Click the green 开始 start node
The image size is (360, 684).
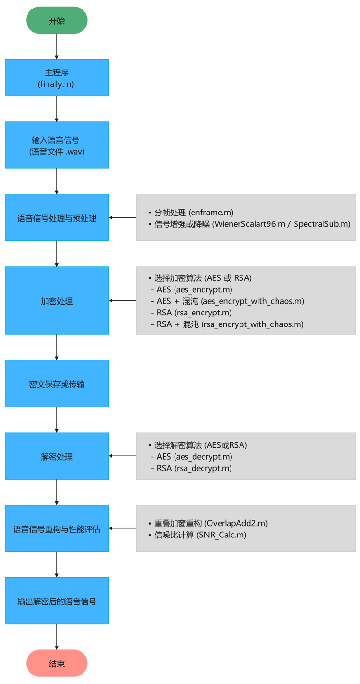click(57, 20)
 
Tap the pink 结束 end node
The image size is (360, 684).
click(57, 663)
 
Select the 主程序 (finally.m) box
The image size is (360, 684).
click(57, 78)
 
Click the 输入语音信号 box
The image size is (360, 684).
click(57, 145)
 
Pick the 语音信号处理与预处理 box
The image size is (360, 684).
click(57, 218)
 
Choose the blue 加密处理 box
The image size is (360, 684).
click(57, 301)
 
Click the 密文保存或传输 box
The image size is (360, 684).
click(57, 384)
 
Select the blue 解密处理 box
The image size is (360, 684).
click(57, 456)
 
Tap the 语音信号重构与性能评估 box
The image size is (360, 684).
click(57, 528)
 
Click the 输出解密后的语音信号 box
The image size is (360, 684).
click(57, 601)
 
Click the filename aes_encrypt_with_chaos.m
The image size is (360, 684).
click(253, 301)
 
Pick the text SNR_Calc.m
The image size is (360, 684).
click(222, 535)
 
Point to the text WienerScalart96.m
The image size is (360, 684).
click(249, 224)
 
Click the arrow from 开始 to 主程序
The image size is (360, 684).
click(57, 46)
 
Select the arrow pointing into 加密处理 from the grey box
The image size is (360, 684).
click(122, 301)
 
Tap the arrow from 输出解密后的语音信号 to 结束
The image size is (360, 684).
click(57, 637)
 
